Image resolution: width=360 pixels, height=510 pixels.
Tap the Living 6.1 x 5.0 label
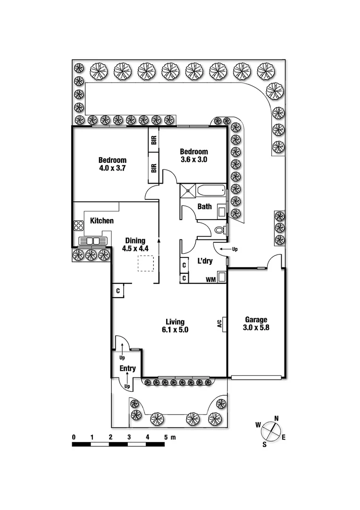[x=174, y=326]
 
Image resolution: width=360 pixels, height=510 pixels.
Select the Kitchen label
[x=102, y=221]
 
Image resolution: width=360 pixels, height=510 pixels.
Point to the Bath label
[x=204, y=206]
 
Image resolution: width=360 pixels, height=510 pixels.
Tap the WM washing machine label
[x=210, y=280]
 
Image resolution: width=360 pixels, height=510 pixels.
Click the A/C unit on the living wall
[x=220, y=324]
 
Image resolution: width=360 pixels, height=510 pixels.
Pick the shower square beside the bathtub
[x=188, y=191]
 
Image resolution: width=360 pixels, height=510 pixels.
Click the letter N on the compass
[x=276, y=418]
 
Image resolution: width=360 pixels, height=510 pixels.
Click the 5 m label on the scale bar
[x=169, y=437]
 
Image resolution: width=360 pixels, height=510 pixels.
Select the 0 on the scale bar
[x=74, y=437]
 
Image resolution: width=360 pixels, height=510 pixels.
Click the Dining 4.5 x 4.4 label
[x=135, y=244]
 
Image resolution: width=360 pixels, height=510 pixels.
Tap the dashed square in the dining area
[x=146, y=264]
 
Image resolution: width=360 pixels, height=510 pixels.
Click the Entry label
[x=127, y=368]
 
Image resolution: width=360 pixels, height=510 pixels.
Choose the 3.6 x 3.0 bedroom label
[x=194, y=155]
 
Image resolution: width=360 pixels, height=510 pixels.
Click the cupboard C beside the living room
[x=117, y=291]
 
